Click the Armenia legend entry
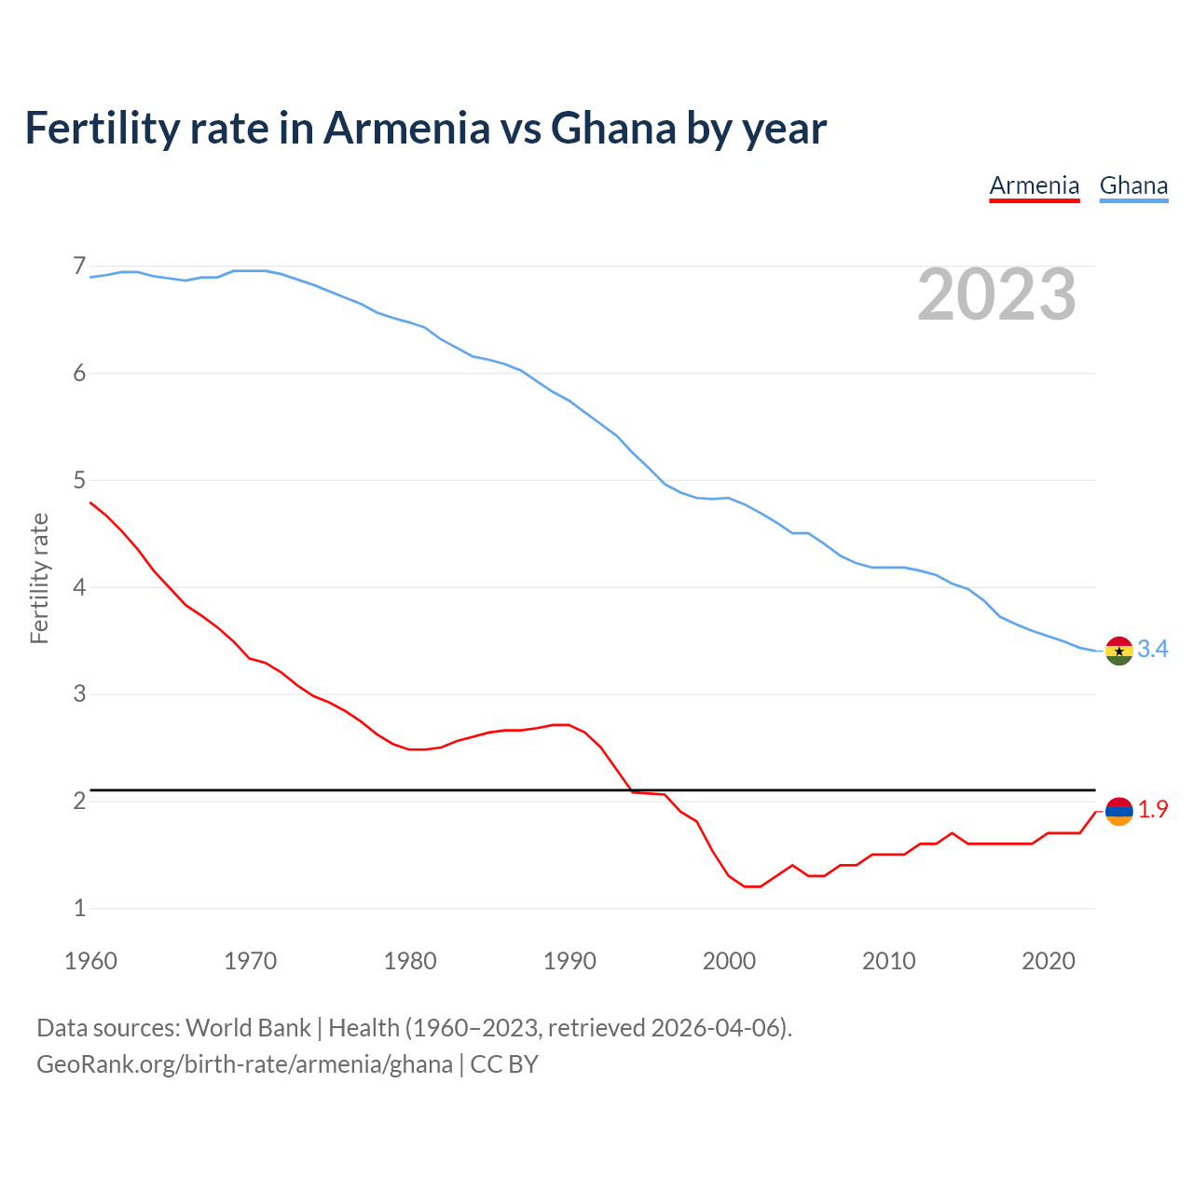(x=1034, y=185)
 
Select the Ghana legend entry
(x=1133, y=185)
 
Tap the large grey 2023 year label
(x=996, y=295)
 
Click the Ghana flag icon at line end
(x=1118, y=651)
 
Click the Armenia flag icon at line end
(x=1118, y=811)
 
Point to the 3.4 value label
(x=1153, y=650)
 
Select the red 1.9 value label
(x=1153, y=810)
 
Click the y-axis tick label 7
(x=79, y=267)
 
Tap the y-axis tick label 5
(x=79, y=481)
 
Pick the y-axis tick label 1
(x=79, y=908)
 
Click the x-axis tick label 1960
(x=90, y=961)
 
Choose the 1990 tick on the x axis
(x=569, y=961)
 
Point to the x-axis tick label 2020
(x=1049, y=961)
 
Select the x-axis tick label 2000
(x=729, y=961)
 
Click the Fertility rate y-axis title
(x=39, y=578)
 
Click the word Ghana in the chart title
(x=612, y=129)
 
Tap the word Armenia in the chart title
(x=405, y=129)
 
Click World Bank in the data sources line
(x=248, y=1028)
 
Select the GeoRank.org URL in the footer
(x=244, y=1064)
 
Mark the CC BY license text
(x=504, y=1064)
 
